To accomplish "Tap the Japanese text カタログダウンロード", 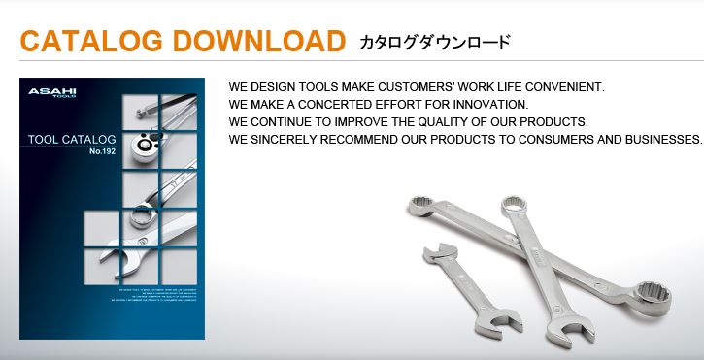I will tap(434, 43).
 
